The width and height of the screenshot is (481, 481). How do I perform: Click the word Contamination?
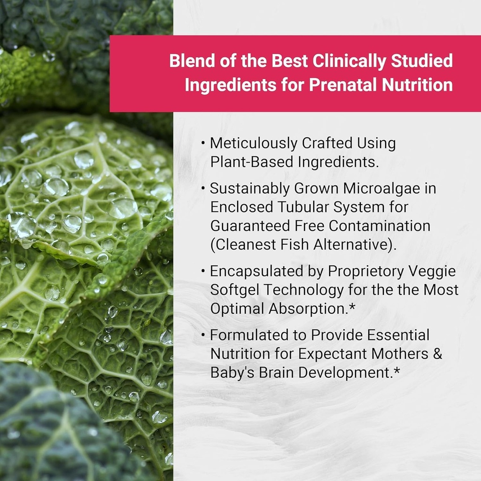point(380,225)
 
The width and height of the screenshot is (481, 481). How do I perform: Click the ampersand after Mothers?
point(437,354)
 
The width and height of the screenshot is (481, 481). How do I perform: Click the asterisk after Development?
point(397,371)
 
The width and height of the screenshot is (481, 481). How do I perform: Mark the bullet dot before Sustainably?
point(203,189)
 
